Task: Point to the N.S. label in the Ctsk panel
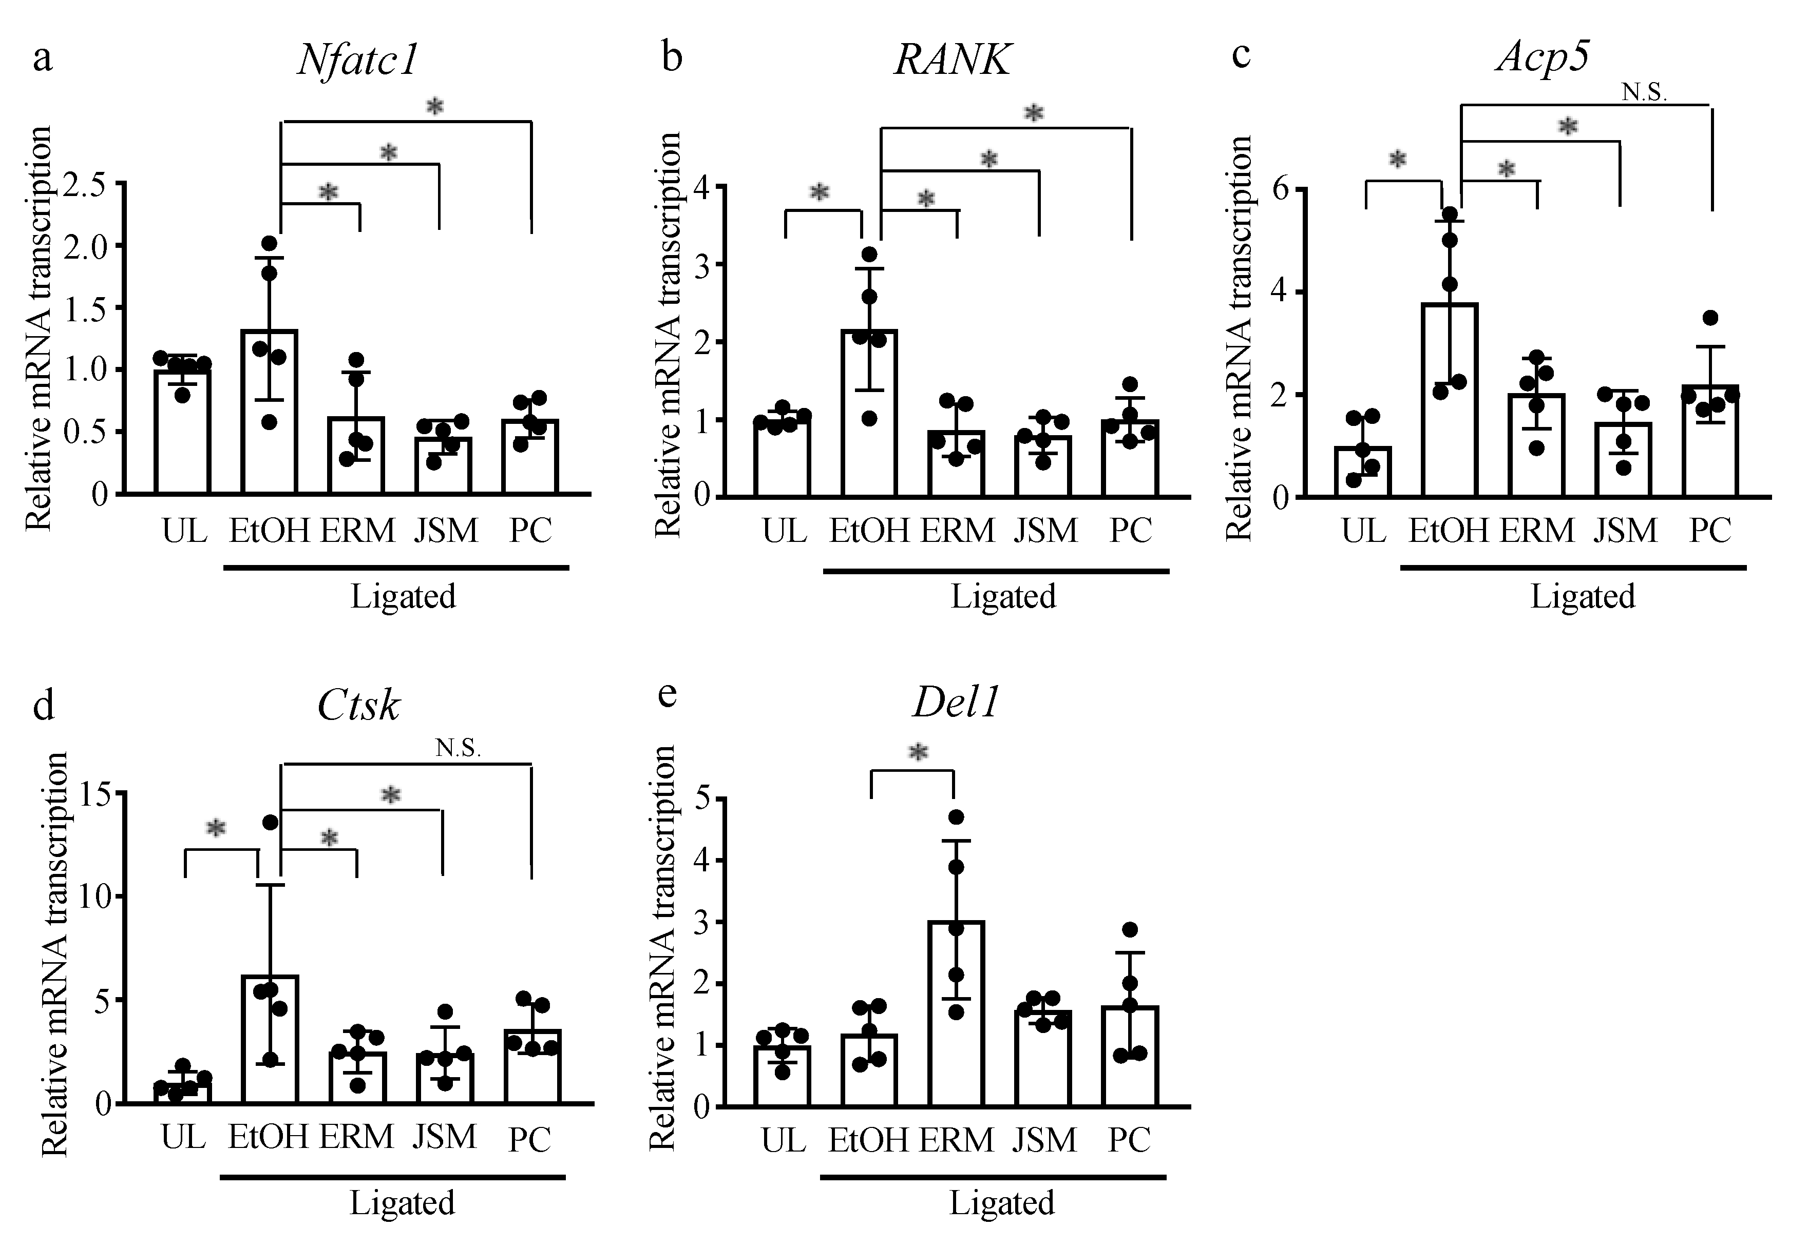tap(458, 749)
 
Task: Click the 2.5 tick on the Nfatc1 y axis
tap(91, 187)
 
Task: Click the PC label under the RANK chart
tap(1130, 531)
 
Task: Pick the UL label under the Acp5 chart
tap(1363, 531)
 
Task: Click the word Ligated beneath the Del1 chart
tap(1002, 1203)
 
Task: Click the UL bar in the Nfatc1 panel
tap(183, 432)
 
